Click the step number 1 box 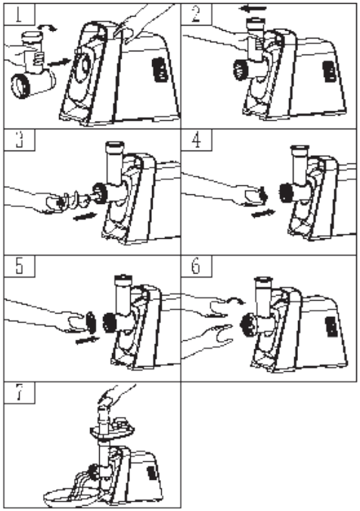[19, 14]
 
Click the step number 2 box [197, 14]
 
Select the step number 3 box [19, 140]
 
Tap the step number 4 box [197, 140]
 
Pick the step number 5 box [19, 266]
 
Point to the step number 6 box [197, 266]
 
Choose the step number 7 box [19, 393]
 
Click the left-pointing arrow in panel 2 [252, 9]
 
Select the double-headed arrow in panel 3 [85, 216]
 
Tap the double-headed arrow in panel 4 [263, 214]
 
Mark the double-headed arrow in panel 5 [87, 340]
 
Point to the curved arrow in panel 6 [235, 299]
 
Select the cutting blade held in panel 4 [262, 195]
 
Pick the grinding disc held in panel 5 [91, 322]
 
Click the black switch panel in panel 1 [159, 70]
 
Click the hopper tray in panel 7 [111, 429]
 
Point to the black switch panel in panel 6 [331, 328]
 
